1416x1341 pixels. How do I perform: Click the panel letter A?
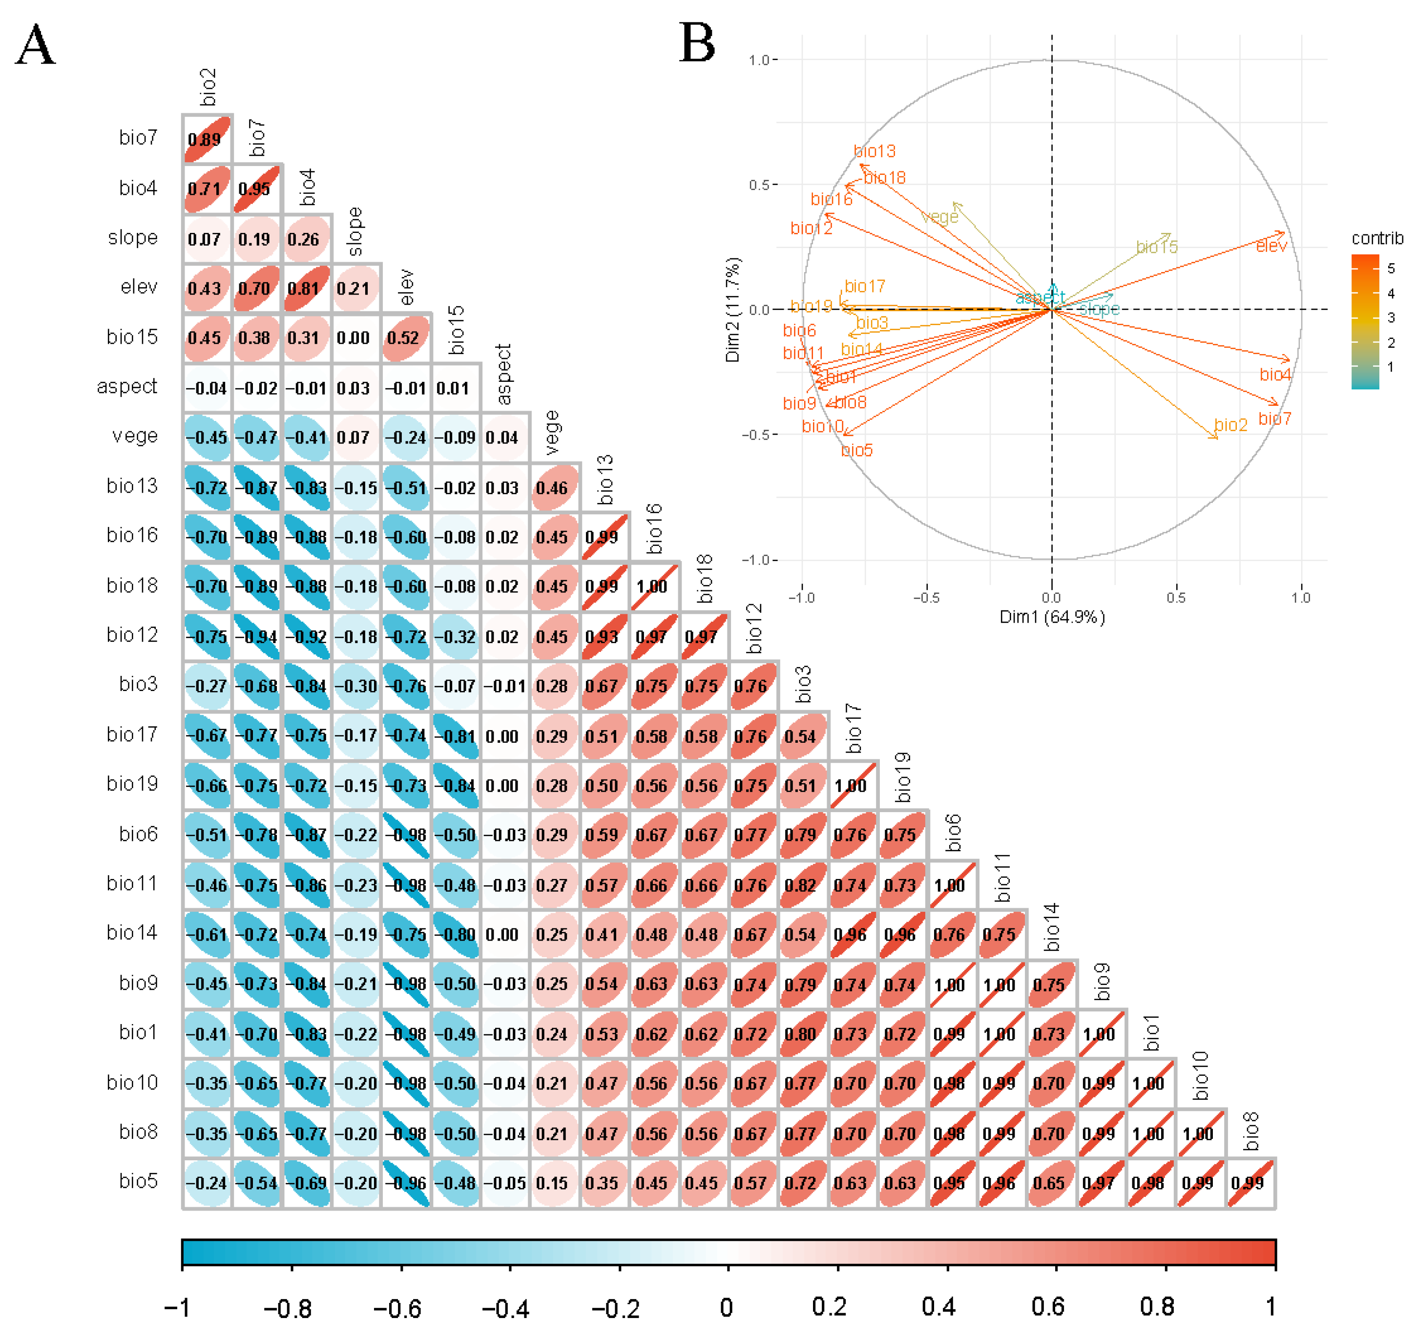click(x=35, y=44)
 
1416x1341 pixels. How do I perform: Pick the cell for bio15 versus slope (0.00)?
click(x=356, y=338)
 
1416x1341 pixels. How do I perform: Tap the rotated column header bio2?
click(x=208, y=87)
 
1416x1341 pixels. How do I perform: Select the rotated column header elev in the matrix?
click(x=406, y=287)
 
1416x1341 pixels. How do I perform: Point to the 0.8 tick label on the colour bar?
click(x=1157, y=1307)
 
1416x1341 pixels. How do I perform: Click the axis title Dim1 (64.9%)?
click(x=1051, y=617)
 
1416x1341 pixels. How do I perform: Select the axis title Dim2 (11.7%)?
click(x=733, y=310)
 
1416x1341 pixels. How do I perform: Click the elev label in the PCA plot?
click(x=1271, y=247)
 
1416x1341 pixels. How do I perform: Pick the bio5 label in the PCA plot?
click(x=856, y=450)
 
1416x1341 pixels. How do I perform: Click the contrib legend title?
click(x=1376, y=238)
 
